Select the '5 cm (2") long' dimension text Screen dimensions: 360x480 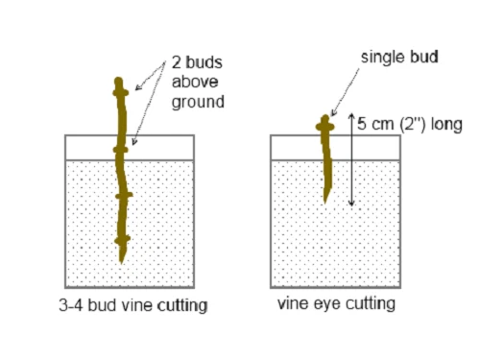click(409, 125)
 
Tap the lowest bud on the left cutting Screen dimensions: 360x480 click(122, 238)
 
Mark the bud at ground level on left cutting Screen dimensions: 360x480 click(120, 150)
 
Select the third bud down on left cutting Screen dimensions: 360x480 click(123, 196)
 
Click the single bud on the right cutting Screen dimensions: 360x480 click(324, 125)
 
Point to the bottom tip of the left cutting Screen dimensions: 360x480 click(122, 261)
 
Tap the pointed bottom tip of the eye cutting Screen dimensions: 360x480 click(326, 199)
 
